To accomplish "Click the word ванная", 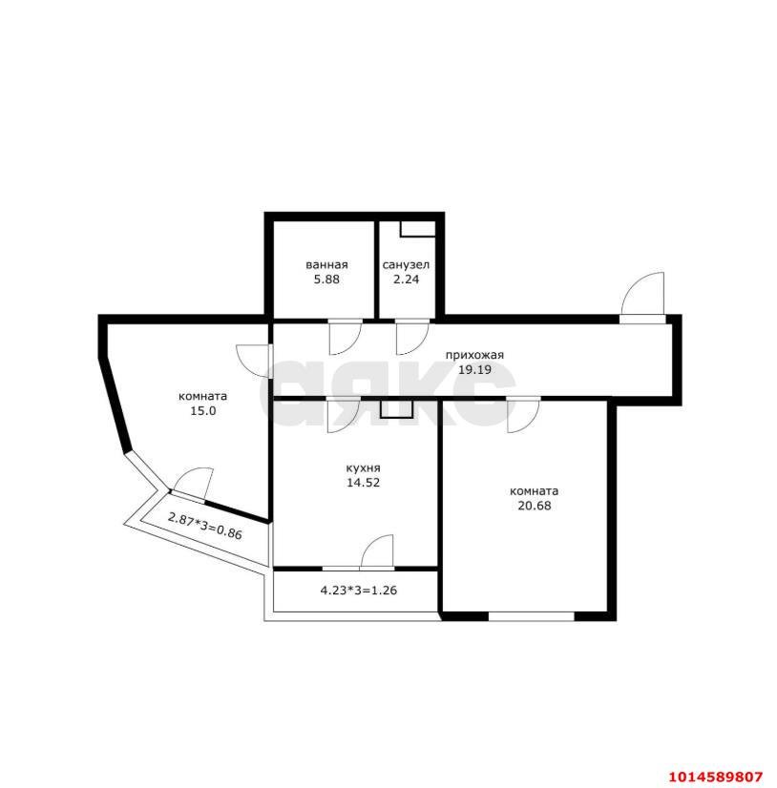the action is [326, 265].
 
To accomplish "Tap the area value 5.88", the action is [326, 280].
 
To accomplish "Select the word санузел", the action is [406, 265].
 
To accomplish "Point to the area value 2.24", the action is [406, 280].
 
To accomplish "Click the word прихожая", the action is [474, 355].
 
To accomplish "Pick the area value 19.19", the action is [474, 370].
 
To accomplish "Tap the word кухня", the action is [363, 468].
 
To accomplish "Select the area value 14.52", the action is [363, 483].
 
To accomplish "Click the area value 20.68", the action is [535, 506].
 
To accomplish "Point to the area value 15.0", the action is [202, 410].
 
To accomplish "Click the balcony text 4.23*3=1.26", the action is [359, 590].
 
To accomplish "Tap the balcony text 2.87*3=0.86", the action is [204, 526].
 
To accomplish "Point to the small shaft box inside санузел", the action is [417, 229].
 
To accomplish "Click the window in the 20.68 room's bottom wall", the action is [532, 616].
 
